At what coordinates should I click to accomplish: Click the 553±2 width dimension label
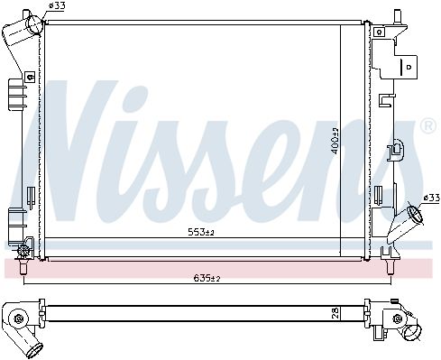(x=201, y=232)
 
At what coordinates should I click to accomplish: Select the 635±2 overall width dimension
(x=207, y=278)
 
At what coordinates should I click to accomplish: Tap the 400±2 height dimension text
(x=335, y=141)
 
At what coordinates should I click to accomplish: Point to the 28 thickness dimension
(x=336, y=313)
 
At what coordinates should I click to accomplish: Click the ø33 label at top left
(x=57, y=5)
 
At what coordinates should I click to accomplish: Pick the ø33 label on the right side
(x=431, y=198)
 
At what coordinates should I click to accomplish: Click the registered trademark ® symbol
(x=428, y=126)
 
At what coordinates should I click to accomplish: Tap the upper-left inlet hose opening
(x=35, y=24)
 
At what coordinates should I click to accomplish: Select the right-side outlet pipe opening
(x=415, y=216)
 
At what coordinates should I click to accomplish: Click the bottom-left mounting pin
(x=23, y=268)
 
